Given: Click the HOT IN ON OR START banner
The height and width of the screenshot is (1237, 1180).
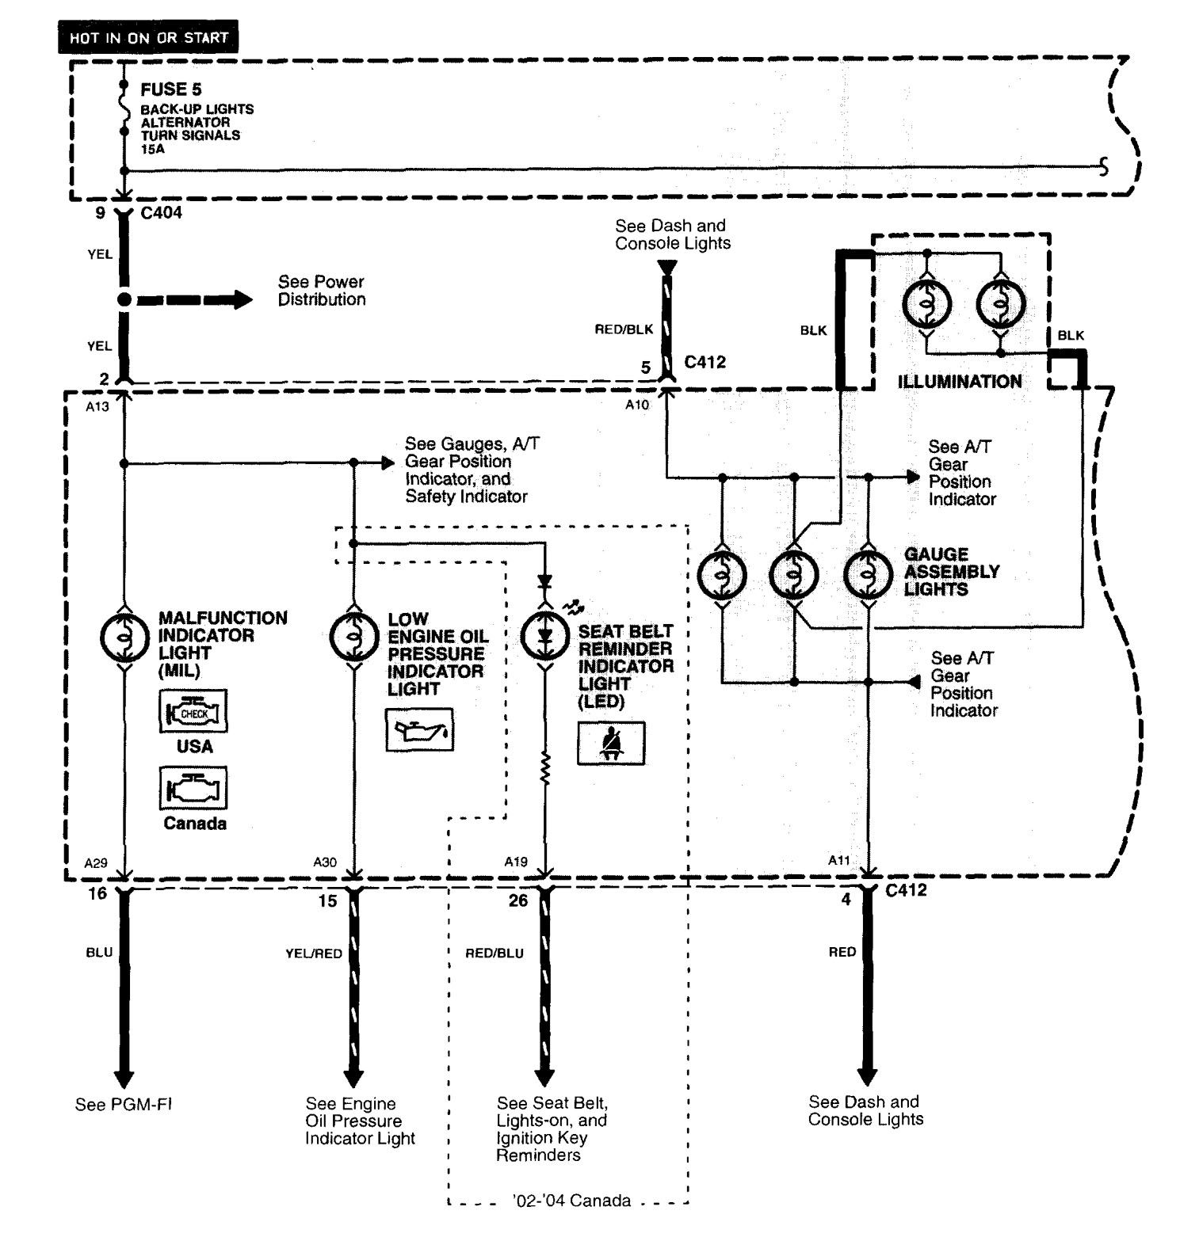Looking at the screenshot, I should tap(148, 37).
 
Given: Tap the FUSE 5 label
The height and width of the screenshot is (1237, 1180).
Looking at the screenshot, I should tap(171, 89).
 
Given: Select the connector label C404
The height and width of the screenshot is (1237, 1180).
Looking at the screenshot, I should tap(161, 212).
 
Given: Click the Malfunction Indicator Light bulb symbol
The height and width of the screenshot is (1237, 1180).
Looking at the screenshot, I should tap(124, 636).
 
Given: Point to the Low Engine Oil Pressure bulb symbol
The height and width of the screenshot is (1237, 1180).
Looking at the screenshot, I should tap(354, 636).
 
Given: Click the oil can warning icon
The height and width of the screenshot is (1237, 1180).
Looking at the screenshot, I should tap(420, 730).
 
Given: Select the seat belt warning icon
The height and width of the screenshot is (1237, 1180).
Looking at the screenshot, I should tap(611, 743).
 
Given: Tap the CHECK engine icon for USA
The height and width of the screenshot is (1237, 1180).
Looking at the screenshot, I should tap(194, 711).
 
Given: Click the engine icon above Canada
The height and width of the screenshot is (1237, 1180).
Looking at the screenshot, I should tap(194, 788).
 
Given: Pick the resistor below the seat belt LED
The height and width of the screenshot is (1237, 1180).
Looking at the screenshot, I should tap(545, 768).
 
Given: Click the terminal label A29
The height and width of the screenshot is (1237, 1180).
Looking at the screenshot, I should tap(96, 862).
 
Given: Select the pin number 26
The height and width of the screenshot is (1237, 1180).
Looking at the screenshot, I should tap(518, 900).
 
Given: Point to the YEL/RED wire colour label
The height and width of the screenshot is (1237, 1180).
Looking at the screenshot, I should tap(314, 953).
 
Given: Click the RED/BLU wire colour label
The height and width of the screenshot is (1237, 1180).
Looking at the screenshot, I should tap(495, 953).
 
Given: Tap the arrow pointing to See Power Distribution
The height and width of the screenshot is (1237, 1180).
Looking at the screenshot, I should tap(195, 300).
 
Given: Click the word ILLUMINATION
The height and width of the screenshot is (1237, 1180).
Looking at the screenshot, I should tap(960, 382).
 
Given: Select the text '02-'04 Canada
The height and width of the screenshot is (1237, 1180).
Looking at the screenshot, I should tap(571, 1201).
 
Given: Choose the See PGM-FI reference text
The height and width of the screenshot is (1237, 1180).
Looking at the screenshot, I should tap(124, 1104).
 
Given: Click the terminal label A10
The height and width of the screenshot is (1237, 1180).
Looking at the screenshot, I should tap(637, 405).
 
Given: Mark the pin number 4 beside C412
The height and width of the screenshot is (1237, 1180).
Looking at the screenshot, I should tap(846, 899).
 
